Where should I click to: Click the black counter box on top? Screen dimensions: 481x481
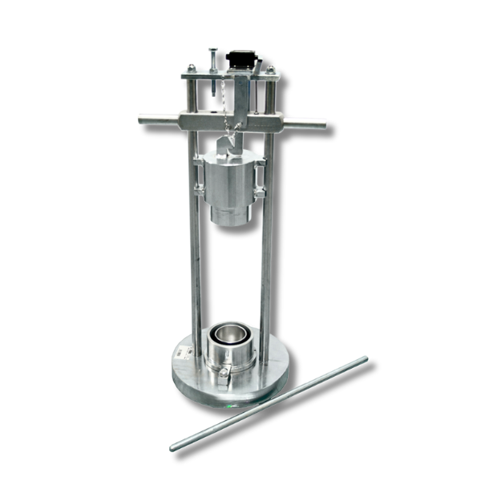pyautogui.click(x=239, y=59)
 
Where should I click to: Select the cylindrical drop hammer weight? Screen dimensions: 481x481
pyautogui.click(x=230, y=180)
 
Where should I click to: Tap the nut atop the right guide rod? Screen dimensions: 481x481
pyautogui.click(x=270, y=71)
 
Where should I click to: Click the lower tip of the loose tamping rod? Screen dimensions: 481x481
pyautogui.click(x=174, y=447)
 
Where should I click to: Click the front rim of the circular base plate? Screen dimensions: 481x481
pyautogui.click(x=224, y=396)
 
